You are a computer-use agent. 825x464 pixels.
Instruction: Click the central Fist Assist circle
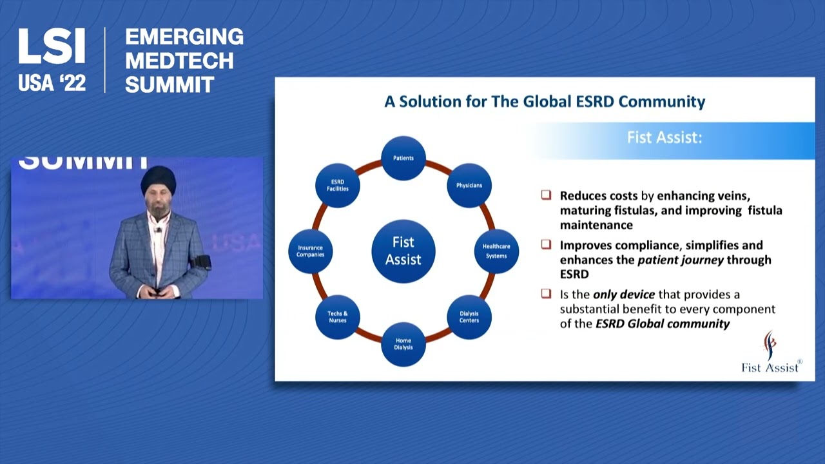[403, 251]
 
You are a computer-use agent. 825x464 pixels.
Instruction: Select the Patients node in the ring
[403, 158]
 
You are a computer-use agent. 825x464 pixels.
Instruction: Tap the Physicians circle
[469, 186]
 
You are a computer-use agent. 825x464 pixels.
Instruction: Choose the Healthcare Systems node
[496, 251]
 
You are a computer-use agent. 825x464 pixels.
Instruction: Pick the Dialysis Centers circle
[469, 316]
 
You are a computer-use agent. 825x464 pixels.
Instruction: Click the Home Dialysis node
[403, 344]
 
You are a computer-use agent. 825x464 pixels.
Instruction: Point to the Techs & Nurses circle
[338, 316]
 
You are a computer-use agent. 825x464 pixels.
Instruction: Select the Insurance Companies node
[311, 251]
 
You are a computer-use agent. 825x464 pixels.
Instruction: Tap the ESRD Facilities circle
[338, 186]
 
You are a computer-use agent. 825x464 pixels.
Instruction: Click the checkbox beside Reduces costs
[547, 195]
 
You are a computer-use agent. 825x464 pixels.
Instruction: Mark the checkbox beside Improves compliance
[547, 245]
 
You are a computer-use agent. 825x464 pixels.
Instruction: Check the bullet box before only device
[547, 294]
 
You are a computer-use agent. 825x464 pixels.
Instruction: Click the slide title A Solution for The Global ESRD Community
[545, 102]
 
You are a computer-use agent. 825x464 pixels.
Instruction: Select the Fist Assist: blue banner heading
[664, 138]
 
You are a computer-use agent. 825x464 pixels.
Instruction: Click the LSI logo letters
[52, 46]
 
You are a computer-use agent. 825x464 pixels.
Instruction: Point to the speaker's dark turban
[158, 180]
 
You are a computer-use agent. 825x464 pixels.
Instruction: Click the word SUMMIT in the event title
[170, 84]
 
